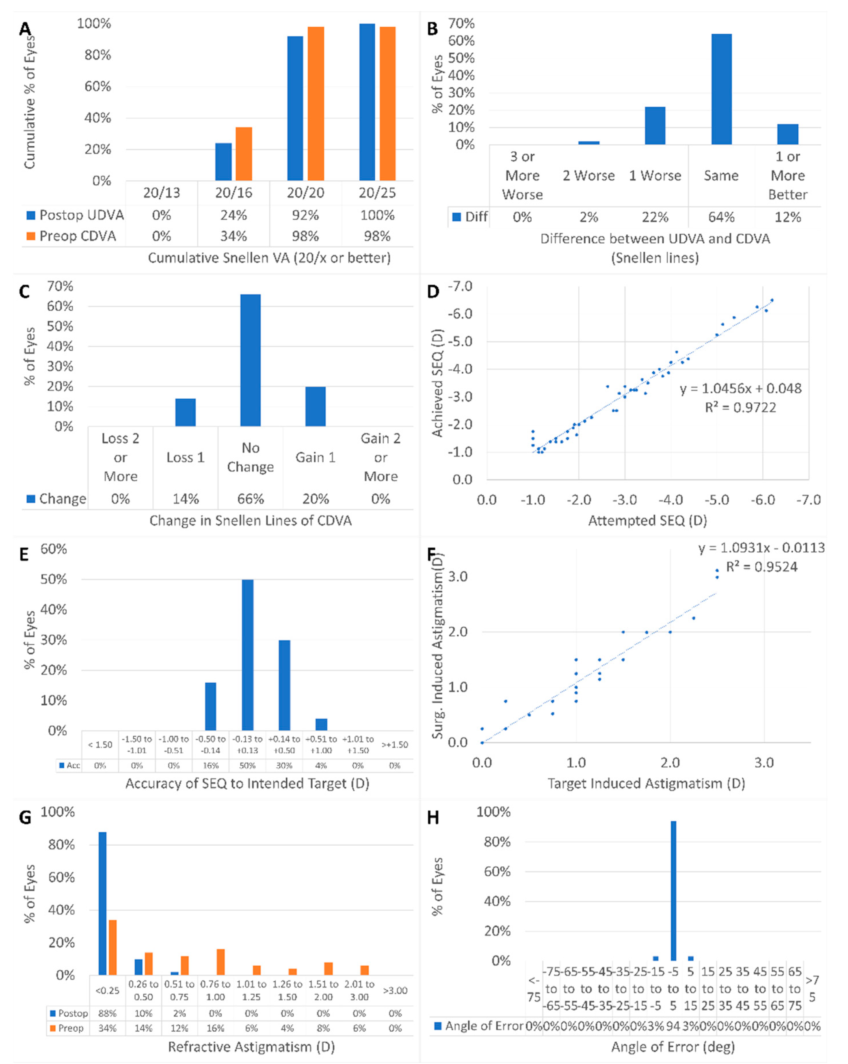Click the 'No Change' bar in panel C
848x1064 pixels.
coord(251,360)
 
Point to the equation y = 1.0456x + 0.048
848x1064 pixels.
coord(741,388)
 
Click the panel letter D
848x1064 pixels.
coord(433,292)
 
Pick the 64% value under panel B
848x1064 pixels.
coord(721,217)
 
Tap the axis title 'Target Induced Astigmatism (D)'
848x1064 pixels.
coord(646,783)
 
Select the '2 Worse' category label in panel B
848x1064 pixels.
coord(589,176)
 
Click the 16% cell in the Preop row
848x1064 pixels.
coord(216,1028)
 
